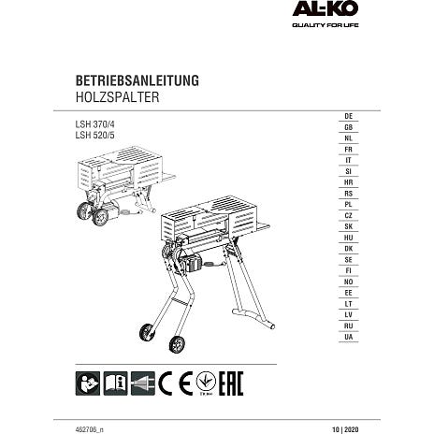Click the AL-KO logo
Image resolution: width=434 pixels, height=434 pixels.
click(325, 8)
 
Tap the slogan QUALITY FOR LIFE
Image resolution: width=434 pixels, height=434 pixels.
click(325, 25)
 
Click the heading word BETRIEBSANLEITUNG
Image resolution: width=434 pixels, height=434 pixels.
click(137, 80)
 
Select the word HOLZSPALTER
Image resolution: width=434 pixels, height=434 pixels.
click(117, 97)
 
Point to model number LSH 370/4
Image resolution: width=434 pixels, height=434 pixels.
click(94, 124)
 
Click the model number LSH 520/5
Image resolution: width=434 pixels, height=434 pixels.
click(94, 136)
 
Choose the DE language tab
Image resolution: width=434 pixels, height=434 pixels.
click(349, 116)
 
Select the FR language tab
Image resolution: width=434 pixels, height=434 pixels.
click(349, 150)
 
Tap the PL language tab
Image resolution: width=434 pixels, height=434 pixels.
click(349, 205)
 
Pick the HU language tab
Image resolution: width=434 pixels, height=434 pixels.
click(349, 238)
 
